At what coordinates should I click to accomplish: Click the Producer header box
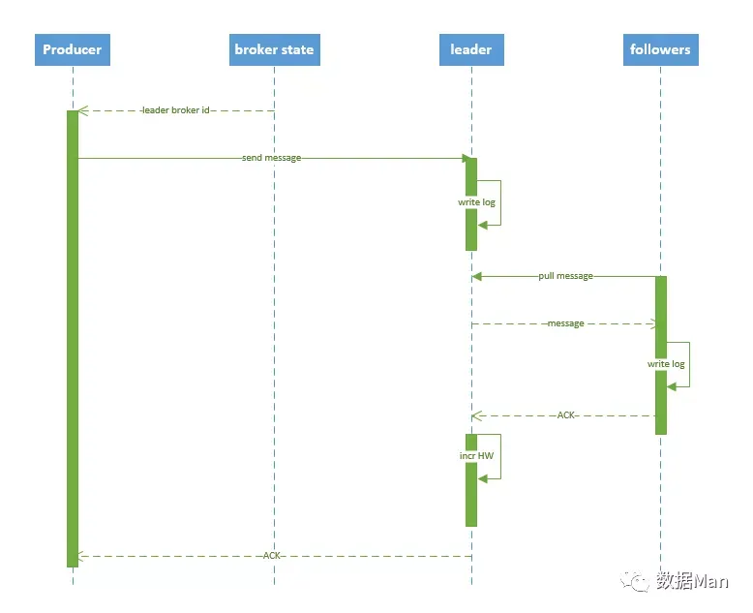click(x=73, y=49)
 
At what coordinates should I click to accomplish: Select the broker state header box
click(x=275, y=49)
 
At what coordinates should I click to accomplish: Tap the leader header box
click(x=471, y=49)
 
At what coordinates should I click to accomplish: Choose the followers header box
click(x=661, y=49)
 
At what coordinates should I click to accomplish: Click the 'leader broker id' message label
click(x=176, y=110)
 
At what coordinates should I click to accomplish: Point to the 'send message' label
click(x=271, y=158)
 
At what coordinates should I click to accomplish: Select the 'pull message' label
click(x=565, y=276)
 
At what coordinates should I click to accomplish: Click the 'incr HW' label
click(x=476, y=455)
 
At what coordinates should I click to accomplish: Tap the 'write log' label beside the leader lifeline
click(x=476, y=201)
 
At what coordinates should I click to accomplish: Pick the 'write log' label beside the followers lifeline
click(x=666, y=364)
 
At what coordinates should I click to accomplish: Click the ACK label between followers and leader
click(x=565, y=415)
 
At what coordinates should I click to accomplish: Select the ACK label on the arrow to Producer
click(x=271, y=555)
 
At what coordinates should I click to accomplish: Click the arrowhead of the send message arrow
click(x=467, y=158)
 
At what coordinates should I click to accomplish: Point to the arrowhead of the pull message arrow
click(x=477, y=276)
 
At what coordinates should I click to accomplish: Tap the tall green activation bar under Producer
click(x=73, y=339)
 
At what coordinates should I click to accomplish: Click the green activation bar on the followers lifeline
click(x=661, y=355)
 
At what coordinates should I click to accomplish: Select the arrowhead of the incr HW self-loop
click(x=483, y=478)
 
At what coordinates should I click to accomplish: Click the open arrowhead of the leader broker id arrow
click(x=82, y=111)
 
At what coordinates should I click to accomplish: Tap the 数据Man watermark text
click(x=692, y=581)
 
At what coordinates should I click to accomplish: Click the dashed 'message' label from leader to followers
click(x=565, y=323)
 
